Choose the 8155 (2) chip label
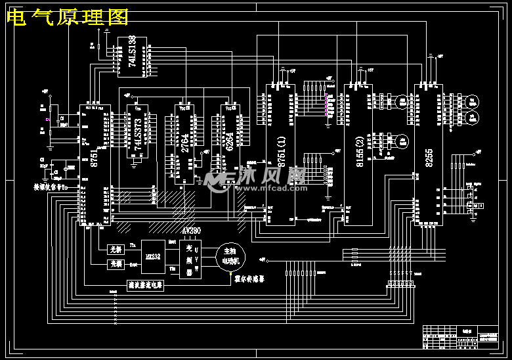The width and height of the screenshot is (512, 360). point(360,152)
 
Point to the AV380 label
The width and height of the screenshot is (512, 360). point(191,231)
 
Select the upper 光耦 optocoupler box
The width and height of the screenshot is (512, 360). point(116,249)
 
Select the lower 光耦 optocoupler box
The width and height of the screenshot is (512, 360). point(116,264)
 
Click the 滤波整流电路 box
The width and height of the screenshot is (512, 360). point(145,286)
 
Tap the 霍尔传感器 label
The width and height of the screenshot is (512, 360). point(249,278)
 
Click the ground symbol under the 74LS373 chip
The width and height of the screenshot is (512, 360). point(134,164)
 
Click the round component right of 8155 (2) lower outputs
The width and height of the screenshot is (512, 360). point(400,141)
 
